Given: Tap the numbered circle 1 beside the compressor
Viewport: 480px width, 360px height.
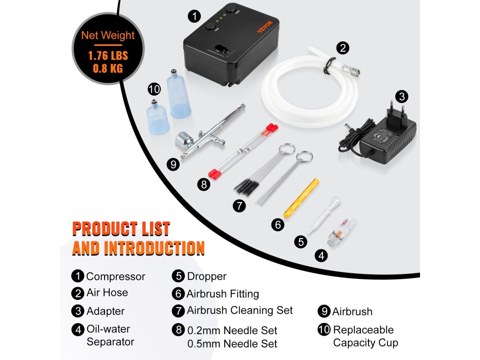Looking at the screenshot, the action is point(194,16).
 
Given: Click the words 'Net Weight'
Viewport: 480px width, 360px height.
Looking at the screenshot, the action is point(108,36).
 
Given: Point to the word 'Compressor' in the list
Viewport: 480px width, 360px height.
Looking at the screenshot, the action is point(116,277).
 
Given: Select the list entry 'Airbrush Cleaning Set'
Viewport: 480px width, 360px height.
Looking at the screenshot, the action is point(240,310).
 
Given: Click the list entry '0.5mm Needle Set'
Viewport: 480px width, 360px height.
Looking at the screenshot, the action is point(232,344).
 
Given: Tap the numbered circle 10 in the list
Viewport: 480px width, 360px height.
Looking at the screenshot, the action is point(324,329).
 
